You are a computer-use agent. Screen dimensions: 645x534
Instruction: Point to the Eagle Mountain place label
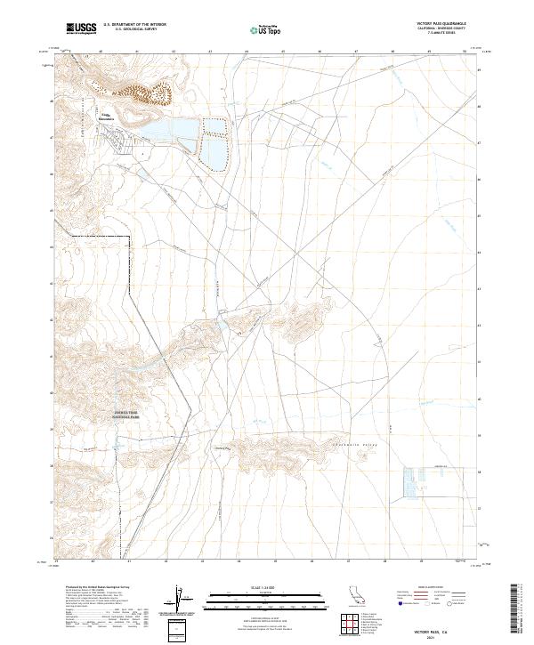click(106, 116)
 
